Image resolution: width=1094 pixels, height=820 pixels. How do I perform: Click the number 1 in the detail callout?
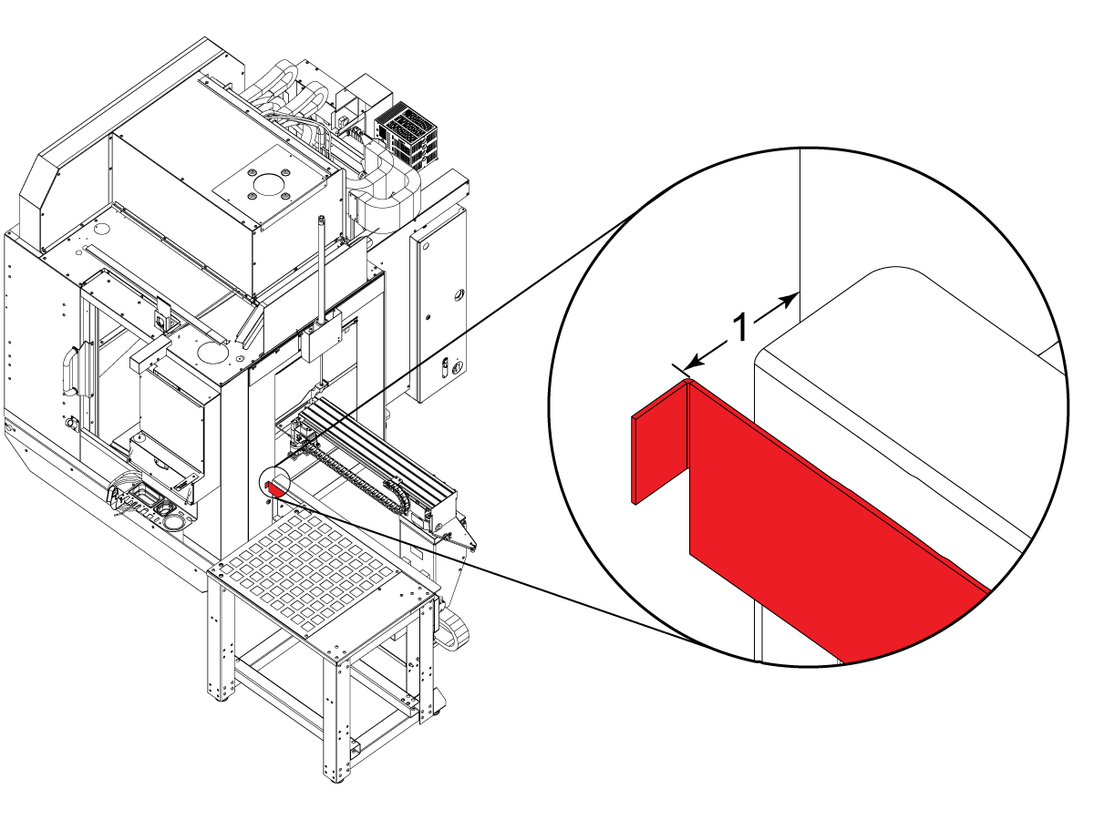point(741,328)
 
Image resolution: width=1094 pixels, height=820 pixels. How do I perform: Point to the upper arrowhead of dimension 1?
point(787,301)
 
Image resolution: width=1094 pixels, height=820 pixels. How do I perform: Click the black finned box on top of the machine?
point(408,136)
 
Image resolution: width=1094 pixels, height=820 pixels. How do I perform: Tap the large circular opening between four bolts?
point(269,184)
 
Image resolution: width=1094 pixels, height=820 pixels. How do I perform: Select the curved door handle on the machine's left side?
point(70,369)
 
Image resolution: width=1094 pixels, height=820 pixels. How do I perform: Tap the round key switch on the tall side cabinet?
point(458,367)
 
